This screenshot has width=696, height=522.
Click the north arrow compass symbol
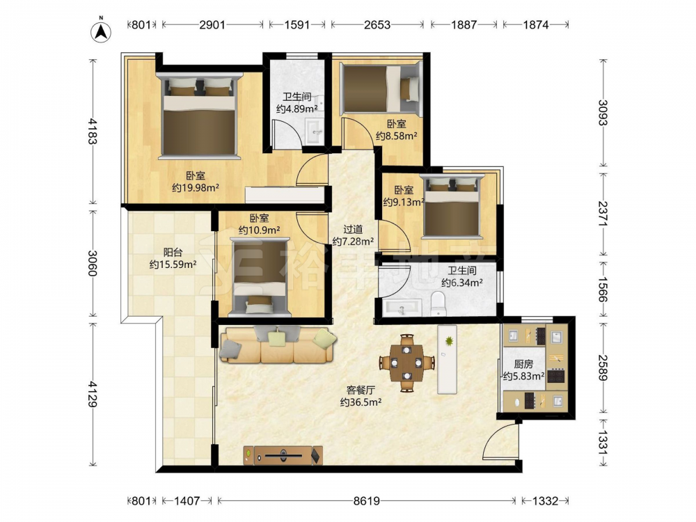101,31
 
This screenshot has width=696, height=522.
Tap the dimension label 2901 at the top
212,25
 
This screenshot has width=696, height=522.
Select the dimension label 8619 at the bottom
367,500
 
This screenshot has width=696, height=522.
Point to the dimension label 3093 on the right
602,113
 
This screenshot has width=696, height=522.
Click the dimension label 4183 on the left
93,131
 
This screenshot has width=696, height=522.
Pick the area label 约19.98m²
196,188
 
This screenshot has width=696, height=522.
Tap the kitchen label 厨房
523,365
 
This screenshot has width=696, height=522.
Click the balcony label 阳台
173,253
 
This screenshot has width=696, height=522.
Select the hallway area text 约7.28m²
353,242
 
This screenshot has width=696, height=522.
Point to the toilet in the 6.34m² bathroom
438,303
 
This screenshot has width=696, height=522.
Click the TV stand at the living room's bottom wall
283,455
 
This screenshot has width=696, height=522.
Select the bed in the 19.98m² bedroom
198,116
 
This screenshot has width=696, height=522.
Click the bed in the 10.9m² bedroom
260,278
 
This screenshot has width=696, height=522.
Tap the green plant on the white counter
449,341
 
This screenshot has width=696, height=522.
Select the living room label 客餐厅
361,390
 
